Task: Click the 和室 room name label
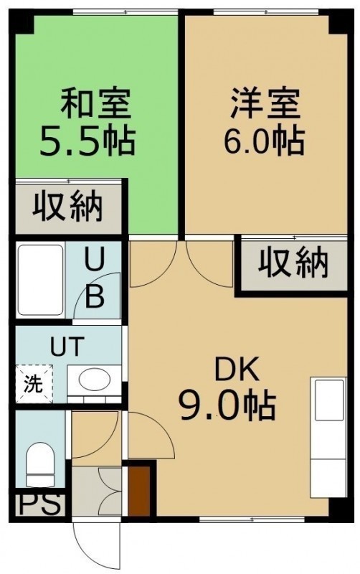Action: pyautogui.click(x=95, y=103)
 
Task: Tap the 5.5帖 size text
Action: pyautogui.click(x=87, y=141)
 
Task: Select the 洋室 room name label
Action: pyautogui.click(x=265, y=103)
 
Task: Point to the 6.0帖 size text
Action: pyautogui.click(x=264, y=141)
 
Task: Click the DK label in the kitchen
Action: pyautogui.click(x=237, y=371)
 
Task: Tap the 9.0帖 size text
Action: pyautogui.click(x=227, y=407)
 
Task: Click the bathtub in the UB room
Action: pyautogui.click(x=41, y=280)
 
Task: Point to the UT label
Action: pyautogui.click(x=67, y=347)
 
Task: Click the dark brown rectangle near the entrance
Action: pyautogui.click(x=139, y=491)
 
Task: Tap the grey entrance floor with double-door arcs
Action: pyautogui.click(x=97, y=491)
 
